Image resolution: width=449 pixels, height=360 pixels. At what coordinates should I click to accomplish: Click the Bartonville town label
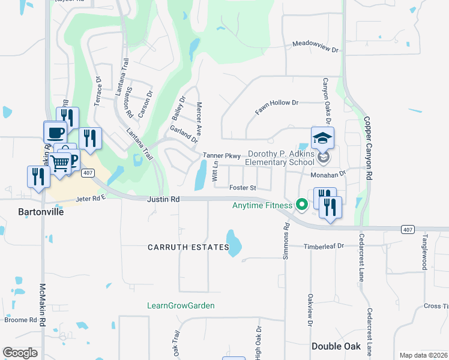[39, 212]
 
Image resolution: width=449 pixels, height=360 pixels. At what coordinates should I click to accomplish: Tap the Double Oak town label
[336, 346]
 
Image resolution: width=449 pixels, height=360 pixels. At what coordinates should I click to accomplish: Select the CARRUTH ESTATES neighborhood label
[189, 247]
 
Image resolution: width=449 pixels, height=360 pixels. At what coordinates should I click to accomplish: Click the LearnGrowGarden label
[181, 305]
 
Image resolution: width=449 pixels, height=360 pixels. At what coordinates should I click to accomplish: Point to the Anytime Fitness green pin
[302, 205]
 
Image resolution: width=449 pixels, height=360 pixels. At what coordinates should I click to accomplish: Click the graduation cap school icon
[322, 138]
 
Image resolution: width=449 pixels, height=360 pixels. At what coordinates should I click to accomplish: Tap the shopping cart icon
[59, 163]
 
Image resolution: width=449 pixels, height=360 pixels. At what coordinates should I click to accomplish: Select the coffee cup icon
[55, 131]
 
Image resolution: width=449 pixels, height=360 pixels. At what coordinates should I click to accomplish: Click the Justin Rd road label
[163, 199]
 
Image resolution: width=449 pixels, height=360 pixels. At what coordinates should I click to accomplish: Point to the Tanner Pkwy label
[221, 155]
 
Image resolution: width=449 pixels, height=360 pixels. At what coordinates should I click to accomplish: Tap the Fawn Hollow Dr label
[277, 107]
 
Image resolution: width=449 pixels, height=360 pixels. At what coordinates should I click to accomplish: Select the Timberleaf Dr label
[324, 246]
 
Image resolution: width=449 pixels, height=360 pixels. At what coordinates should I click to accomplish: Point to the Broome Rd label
[20, 320]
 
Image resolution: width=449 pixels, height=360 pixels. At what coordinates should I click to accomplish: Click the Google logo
[20, 353]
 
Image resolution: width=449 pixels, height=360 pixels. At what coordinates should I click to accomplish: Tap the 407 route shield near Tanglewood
[408, 229]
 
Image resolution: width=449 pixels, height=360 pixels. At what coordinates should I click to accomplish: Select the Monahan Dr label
[328, 174]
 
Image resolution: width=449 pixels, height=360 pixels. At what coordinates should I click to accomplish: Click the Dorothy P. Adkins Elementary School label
[279, 158]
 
